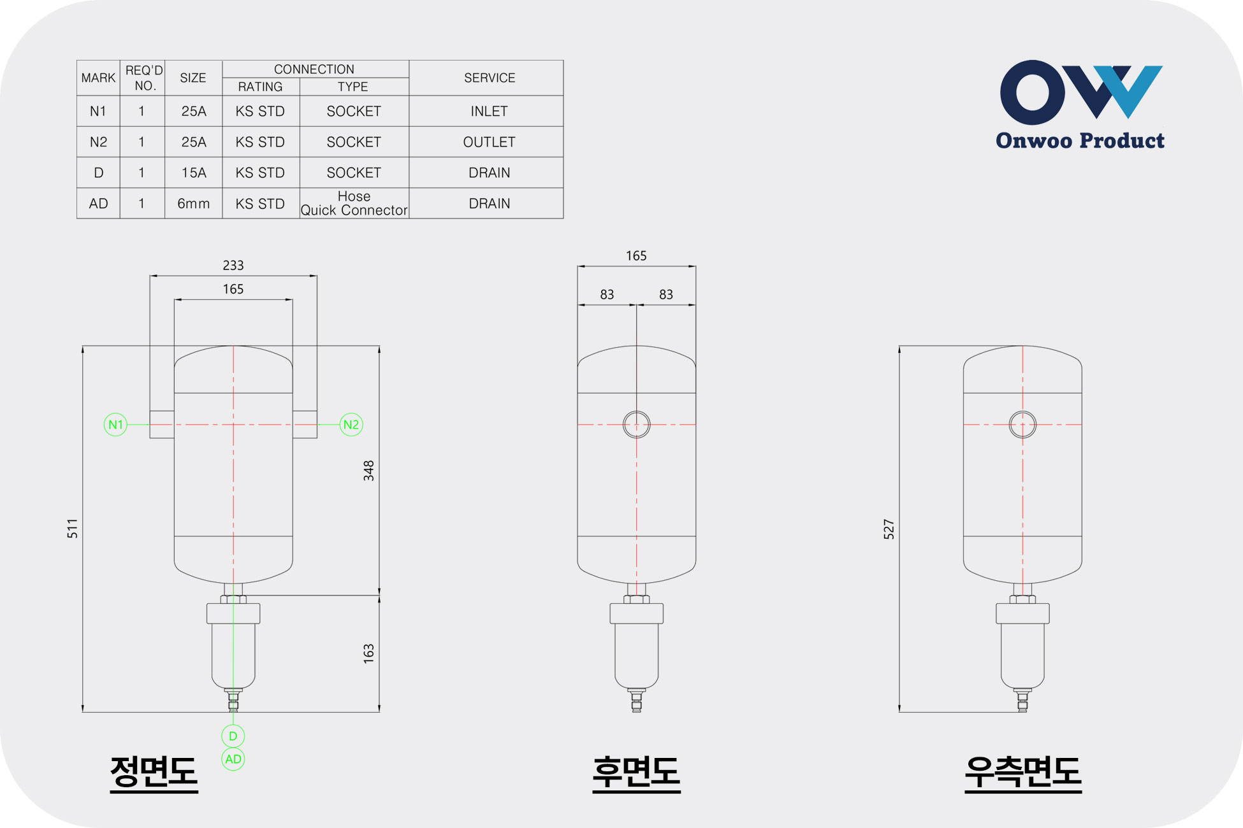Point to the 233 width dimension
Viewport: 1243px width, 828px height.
tap(233, 265)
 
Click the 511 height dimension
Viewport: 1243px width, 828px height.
tap(73, 529)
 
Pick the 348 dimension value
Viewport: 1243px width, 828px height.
tap(368, 471)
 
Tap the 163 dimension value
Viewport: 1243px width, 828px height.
tap(368, 653)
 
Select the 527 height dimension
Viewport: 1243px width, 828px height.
tap(889, 529)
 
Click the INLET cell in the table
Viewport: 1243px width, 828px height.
tap(489, 111)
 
